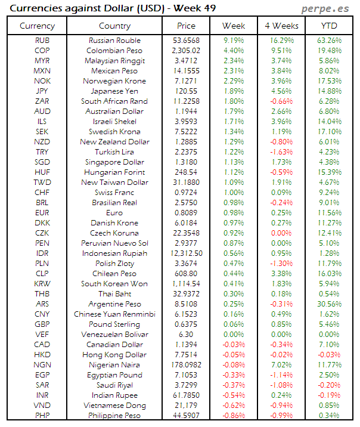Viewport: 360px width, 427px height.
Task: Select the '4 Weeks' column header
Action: (x=281, y=26)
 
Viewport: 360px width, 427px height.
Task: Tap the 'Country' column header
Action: (x=114, y=26)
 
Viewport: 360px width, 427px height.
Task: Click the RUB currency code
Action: (x=42, y=41)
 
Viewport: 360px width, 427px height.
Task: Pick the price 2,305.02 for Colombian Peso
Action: (x=186, y=51)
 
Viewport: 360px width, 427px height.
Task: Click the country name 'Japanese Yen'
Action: (x=114, y=91)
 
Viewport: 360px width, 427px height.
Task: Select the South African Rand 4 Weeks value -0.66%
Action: (x=281, y=101)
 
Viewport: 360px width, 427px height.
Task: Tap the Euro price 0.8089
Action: (x=186, y=213)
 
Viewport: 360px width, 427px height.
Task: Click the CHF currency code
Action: (x=42, y=193)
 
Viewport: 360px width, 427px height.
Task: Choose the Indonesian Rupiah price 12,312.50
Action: (x=186, y=253)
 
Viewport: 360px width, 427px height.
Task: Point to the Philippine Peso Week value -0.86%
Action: (x=234, y=416)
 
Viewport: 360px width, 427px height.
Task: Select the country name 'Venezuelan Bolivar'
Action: (x=114, y=335)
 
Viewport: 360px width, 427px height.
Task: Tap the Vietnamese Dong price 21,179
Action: (x=186, y=406)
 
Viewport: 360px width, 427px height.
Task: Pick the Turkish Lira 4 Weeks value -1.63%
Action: (x=281, y=152)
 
